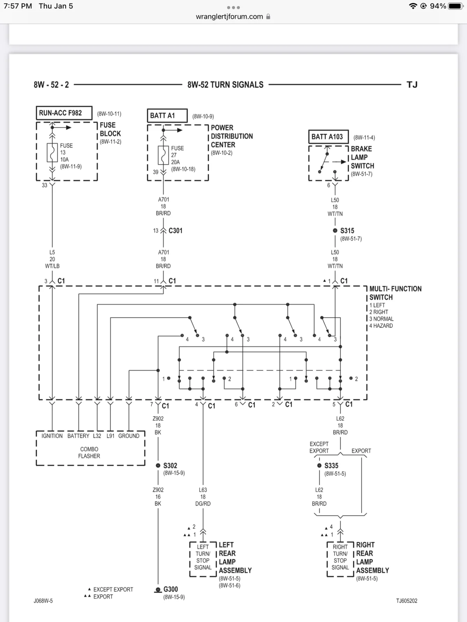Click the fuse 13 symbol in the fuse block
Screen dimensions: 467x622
pyautogui.click(x=52, y=153)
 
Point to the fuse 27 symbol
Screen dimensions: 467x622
pyautogui.click(x=163, y=155)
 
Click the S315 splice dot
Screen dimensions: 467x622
pyautogui.click(x=335, y=231)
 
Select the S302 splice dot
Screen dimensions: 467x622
pyautogui.click(x=158, y=465)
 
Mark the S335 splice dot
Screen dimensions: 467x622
pyautogui.click(x=319, y=465)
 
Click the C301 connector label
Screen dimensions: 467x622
pyautogui.click(x=176, y=231)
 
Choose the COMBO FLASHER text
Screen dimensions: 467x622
pyautogui.click(x=89, y=453)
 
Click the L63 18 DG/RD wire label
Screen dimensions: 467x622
pyautogui.click(x=203, y=497)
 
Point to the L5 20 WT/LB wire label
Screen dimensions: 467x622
pyautogui.click(x=52, y=259)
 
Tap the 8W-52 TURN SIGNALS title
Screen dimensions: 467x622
pyautogui.click(x=225, y=85)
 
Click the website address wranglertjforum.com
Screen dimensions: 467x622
pyautogui.click(x=229, y=16)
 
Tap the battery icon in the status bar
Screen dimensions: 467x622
pyautogui.click(x=456, y=6)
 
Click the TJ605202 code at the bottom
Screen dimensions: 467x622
pyautogui.click(x=407, y=601)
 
